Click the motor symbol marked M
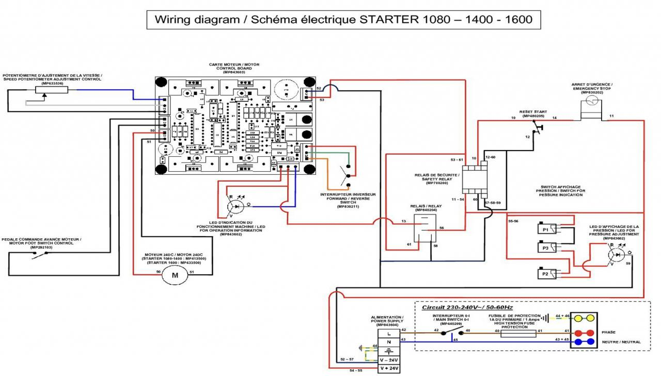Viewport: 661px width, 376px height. [175, 275]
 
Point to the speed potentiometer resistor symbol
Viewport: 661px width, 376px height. [51, 90]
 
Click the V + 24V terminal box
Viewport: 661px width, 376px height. [389, 368]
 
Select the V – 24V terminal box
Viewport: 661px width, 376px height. [389, 359]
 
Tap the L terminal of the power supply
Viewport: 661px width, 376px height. [389, 333]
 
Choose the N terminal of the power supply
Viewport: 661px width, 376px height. [389, 341]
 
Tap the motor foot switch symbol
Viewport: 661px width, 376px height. [39, 256]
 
